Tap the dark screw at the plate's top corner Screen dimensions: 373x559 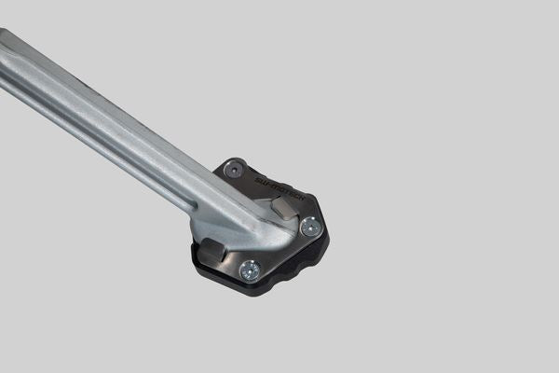235,170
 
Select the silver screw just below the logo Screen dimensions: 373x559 310,226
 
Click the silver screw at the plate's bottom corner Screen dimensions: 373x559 249,270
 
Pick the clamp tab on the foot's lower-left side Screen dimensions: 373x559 211,250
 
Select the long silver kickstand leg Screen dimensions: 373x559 112,121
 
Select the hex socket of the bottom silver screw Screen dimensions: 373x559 249,270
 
